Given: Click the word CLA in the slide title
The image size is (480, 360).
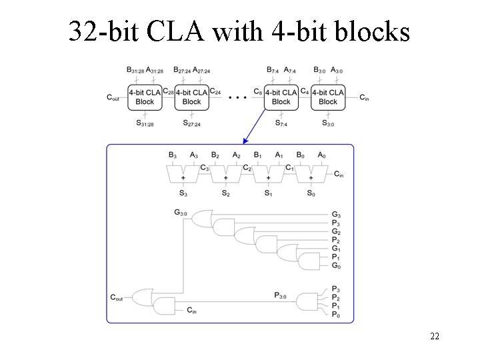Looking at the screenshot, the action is pos(176,31).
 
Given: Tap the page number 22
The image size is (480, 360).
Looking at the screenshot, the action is pos(435,336).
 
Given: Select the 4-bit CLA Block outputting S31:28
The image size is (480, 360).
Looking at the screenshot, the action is pos(145,97).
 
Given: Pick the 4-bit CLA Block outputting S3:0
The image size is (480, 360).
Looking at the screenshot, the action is pos(328,97).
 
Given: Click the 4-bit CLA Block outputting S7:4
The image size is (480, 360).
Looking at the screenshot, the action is pos(281,97).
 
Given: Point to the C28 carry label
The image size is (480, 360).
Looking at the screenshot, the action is pos(169,91).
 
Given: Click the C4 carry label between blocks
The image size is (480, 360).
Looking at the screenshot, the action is pos(305,91).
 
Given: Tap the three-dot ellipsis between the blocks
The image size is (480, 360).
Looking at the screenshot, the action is pos(237,97).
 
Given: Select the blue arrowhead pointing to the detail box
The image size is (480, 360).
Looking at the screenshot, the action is pos(245,141).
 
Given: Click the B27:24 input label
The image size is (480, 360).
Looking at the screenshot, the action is pos(182,70).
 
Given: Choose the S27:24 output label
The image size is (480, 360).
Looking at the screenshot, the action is pos(191,123).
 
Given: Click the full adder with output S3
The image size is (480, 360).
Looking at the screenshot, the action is pos(183,174).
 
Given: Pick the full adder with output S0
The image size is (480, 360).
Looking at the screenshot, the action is pos(311,174).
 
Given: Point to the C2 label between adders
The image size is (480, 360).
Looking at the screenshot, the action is pos(247,168).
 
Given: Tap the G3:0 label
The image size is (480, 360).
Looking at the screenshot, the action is pos(181,212).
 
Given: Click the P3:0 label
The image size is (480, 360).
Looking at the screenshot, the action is pos(280,295).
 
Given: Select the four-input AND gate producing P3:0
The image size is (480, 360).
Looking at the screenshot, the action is pos(307,302).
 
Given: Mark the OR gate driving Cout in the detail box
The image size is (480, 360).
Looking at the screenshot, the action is pos(143,297).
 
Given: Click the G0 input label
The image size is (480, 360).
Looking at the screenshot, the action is pos(336,266).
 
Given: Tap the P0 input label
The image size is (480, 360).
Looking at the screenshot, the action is pos(336,315).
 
